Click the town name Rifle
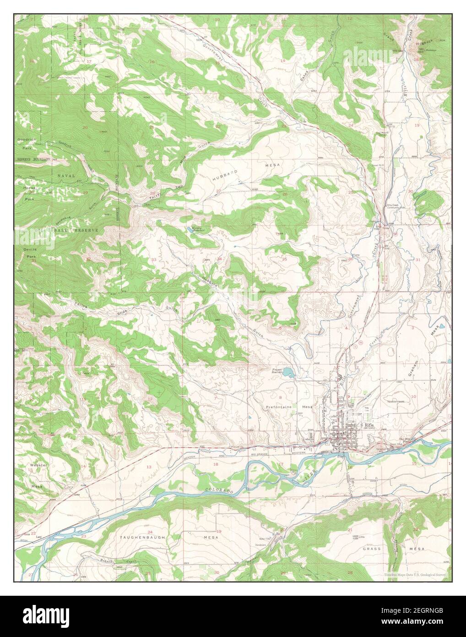(x=369, y=426)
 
